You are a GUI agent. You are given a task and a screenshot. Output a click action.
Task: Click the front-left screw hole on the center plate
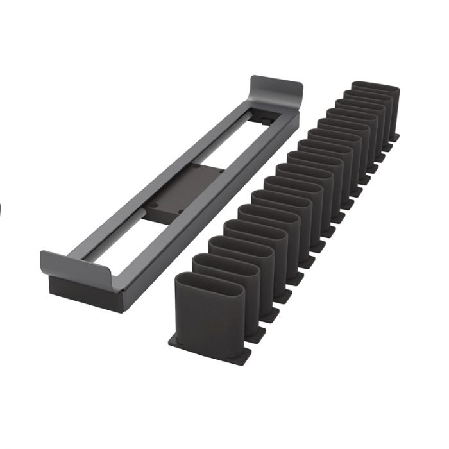(x=156, y=206)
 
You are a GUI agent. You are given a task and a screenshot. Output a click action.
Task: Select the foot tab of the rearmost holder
(x=395, y=136)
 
